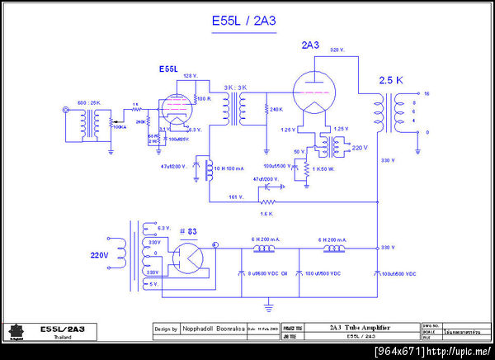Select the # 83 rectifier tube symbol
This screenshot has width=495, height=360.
[x=186, y=256]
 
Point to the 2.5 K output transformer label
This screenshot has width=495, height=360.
[x=391, y=80]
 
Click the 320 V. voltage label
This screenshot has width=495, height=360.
[x=337, y=50]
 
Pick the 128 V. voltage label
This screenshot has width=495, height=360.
[x=190, y=76]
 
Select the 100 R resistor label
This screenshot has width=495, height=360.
[x=204, y=99]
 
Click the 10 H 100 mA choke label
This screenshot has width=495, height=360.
[x=232, y=168]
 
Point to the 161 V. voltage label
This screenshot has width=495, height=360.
[x=236, y=197]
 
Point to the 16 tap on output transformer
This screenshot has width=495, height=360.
[x=427, y=94]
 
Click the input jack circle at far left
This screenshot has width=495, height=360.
[x=66, y=110]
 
